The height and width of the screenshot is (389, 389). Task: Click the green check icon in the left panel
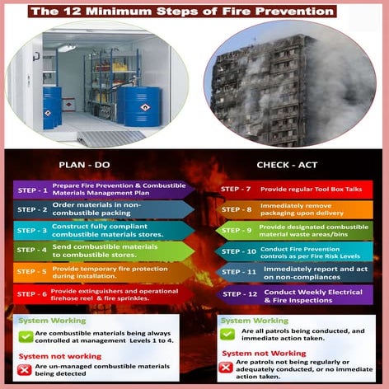coord(26,335)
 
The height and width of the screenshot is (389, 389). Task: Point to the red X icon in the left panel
coord(26,370)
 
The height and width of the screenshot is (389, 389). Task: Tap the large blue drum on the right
coord(138,105)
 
